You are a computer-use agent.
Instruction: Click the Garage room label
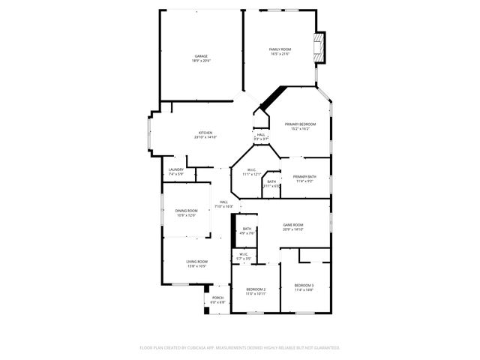coord(201,56)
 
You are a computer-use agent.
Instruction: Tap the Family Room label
coord(280,49)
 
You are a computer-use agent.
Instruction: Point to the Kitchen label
coord(205,133)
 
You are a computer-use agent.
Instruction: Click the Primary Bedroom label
coord(300,124)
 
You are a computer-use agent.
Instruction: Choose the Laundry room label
coord(176,169)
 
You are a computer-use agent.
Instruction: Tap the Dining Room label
coord(187,211)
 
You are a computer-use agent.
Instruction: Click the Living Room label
coord(196,261)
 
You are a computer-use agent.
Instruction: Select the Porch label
coord(217,298)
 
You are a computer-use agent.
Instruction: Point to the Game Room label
coord(292,225)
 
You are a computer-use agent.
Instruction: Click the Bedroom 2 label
coord(256,289)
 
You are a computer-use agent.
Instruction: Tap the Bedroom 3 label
coord(304,285)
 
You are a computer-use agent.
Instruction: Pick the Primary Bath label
coord(304,176)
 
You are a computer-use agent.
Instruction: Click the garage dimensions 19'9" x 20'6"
coord(201,61)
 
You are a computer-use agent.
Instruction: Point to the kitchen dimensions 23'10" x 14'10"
coord(205,138)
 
